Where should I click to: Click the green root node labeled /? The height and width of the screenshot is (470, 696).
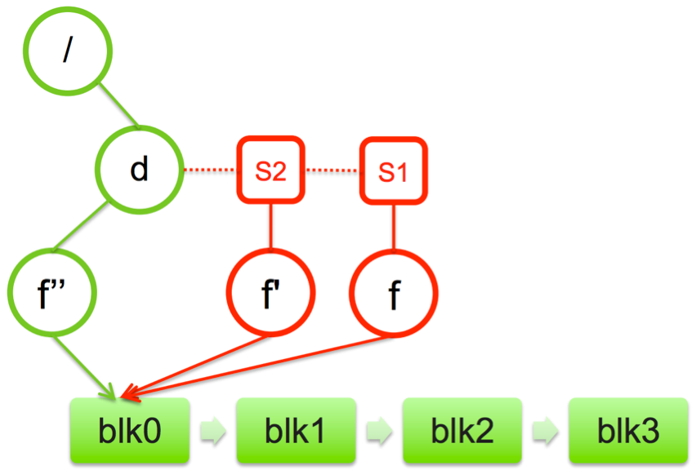tap(68, 51)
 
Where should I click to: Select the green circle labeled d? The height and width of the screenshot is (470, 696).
tap(140, 170)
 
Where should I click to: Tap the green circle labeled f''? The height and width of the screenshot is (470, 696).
tap(51, 291)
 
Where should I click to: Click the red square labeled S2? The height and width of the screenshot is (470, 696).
tap(270, 171)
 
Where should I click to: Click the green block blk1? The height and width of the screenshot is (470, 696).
tap(296, 430)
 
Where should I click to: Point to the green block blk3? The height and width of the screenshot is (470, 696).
tap(627, 430)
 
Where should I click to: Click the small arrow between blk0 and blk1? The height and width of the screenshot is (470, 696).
tap(213, 431)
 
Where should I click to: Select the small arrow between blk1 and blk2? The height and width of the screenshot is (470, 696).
tap(378, 431)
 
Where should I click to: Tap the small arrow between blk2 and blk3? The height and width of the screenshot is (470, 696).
tap(544, 431)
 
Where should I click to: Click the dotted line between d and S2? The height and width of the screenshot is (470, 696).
tap(209, 171)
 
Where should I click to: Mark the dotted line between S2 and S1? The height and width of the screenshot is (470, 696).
tap(332, 171)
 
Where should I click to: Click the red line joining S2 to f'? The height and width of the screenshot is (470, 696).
tap(270, 225)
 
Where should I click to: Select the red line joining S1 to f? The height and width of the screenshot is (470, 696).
tap(394, 225)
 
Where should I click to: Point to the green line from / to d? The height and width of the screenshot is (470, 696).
tap(118, 107)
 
